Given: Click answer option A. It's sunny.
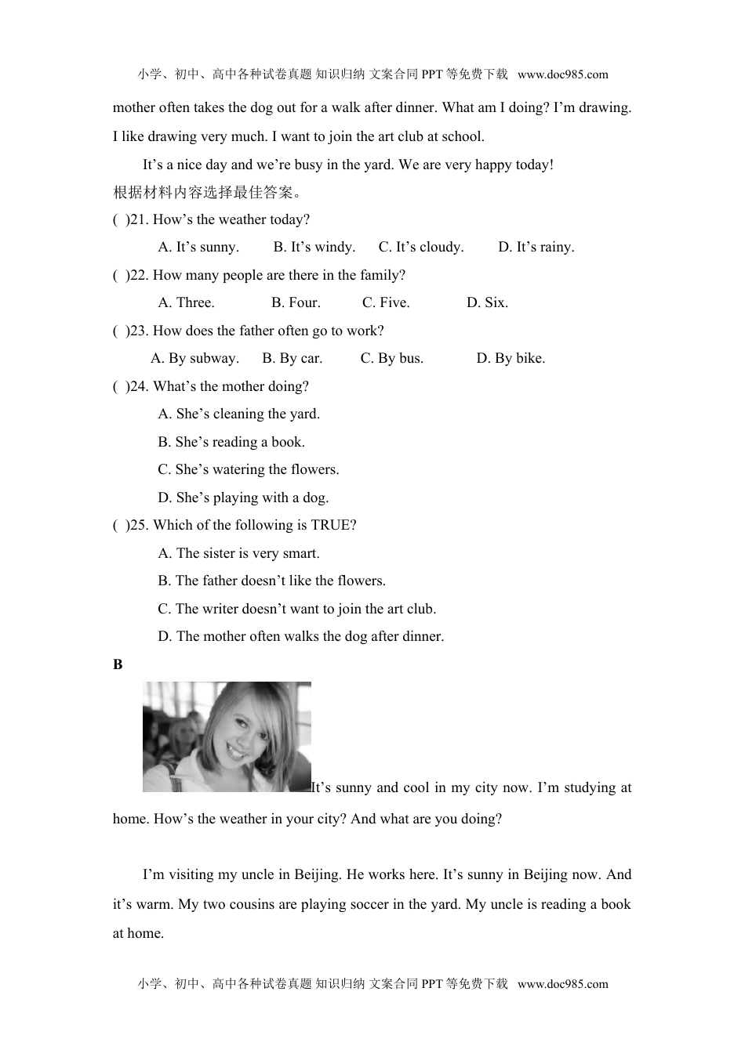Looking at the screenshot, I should pos(198,248).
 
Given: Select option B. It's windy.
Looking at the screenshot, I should pos(314,248).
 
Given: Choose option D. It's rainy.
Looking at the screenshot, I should pos(536,248).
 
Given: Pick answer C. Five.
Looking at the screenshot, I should pos(386,303).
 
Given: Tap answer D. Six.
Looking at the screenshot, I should pos(487,303).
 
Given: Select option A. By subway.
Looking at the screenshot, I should pos(194,359).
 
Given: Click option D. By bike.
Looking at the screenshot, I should pos(511,359).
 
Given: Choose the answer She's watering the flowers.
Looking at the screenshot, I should pos(249,470).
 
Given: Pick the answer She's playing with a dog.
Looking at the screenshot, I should pos(243,498).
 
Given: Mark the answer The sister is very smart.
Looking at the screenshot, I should pos(238,553).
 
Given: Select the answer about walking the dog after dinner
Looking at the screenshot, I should pos(301,637).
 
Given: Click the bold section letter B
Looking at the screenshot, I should pos(118,665).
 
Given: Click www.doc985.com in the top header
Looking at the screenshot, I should pos(563,75).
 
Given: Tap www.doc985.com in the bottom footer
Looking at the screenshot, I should pos(563,984).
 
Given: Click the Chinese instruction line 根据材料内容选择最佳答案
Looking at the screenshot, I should pos(208,193).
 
